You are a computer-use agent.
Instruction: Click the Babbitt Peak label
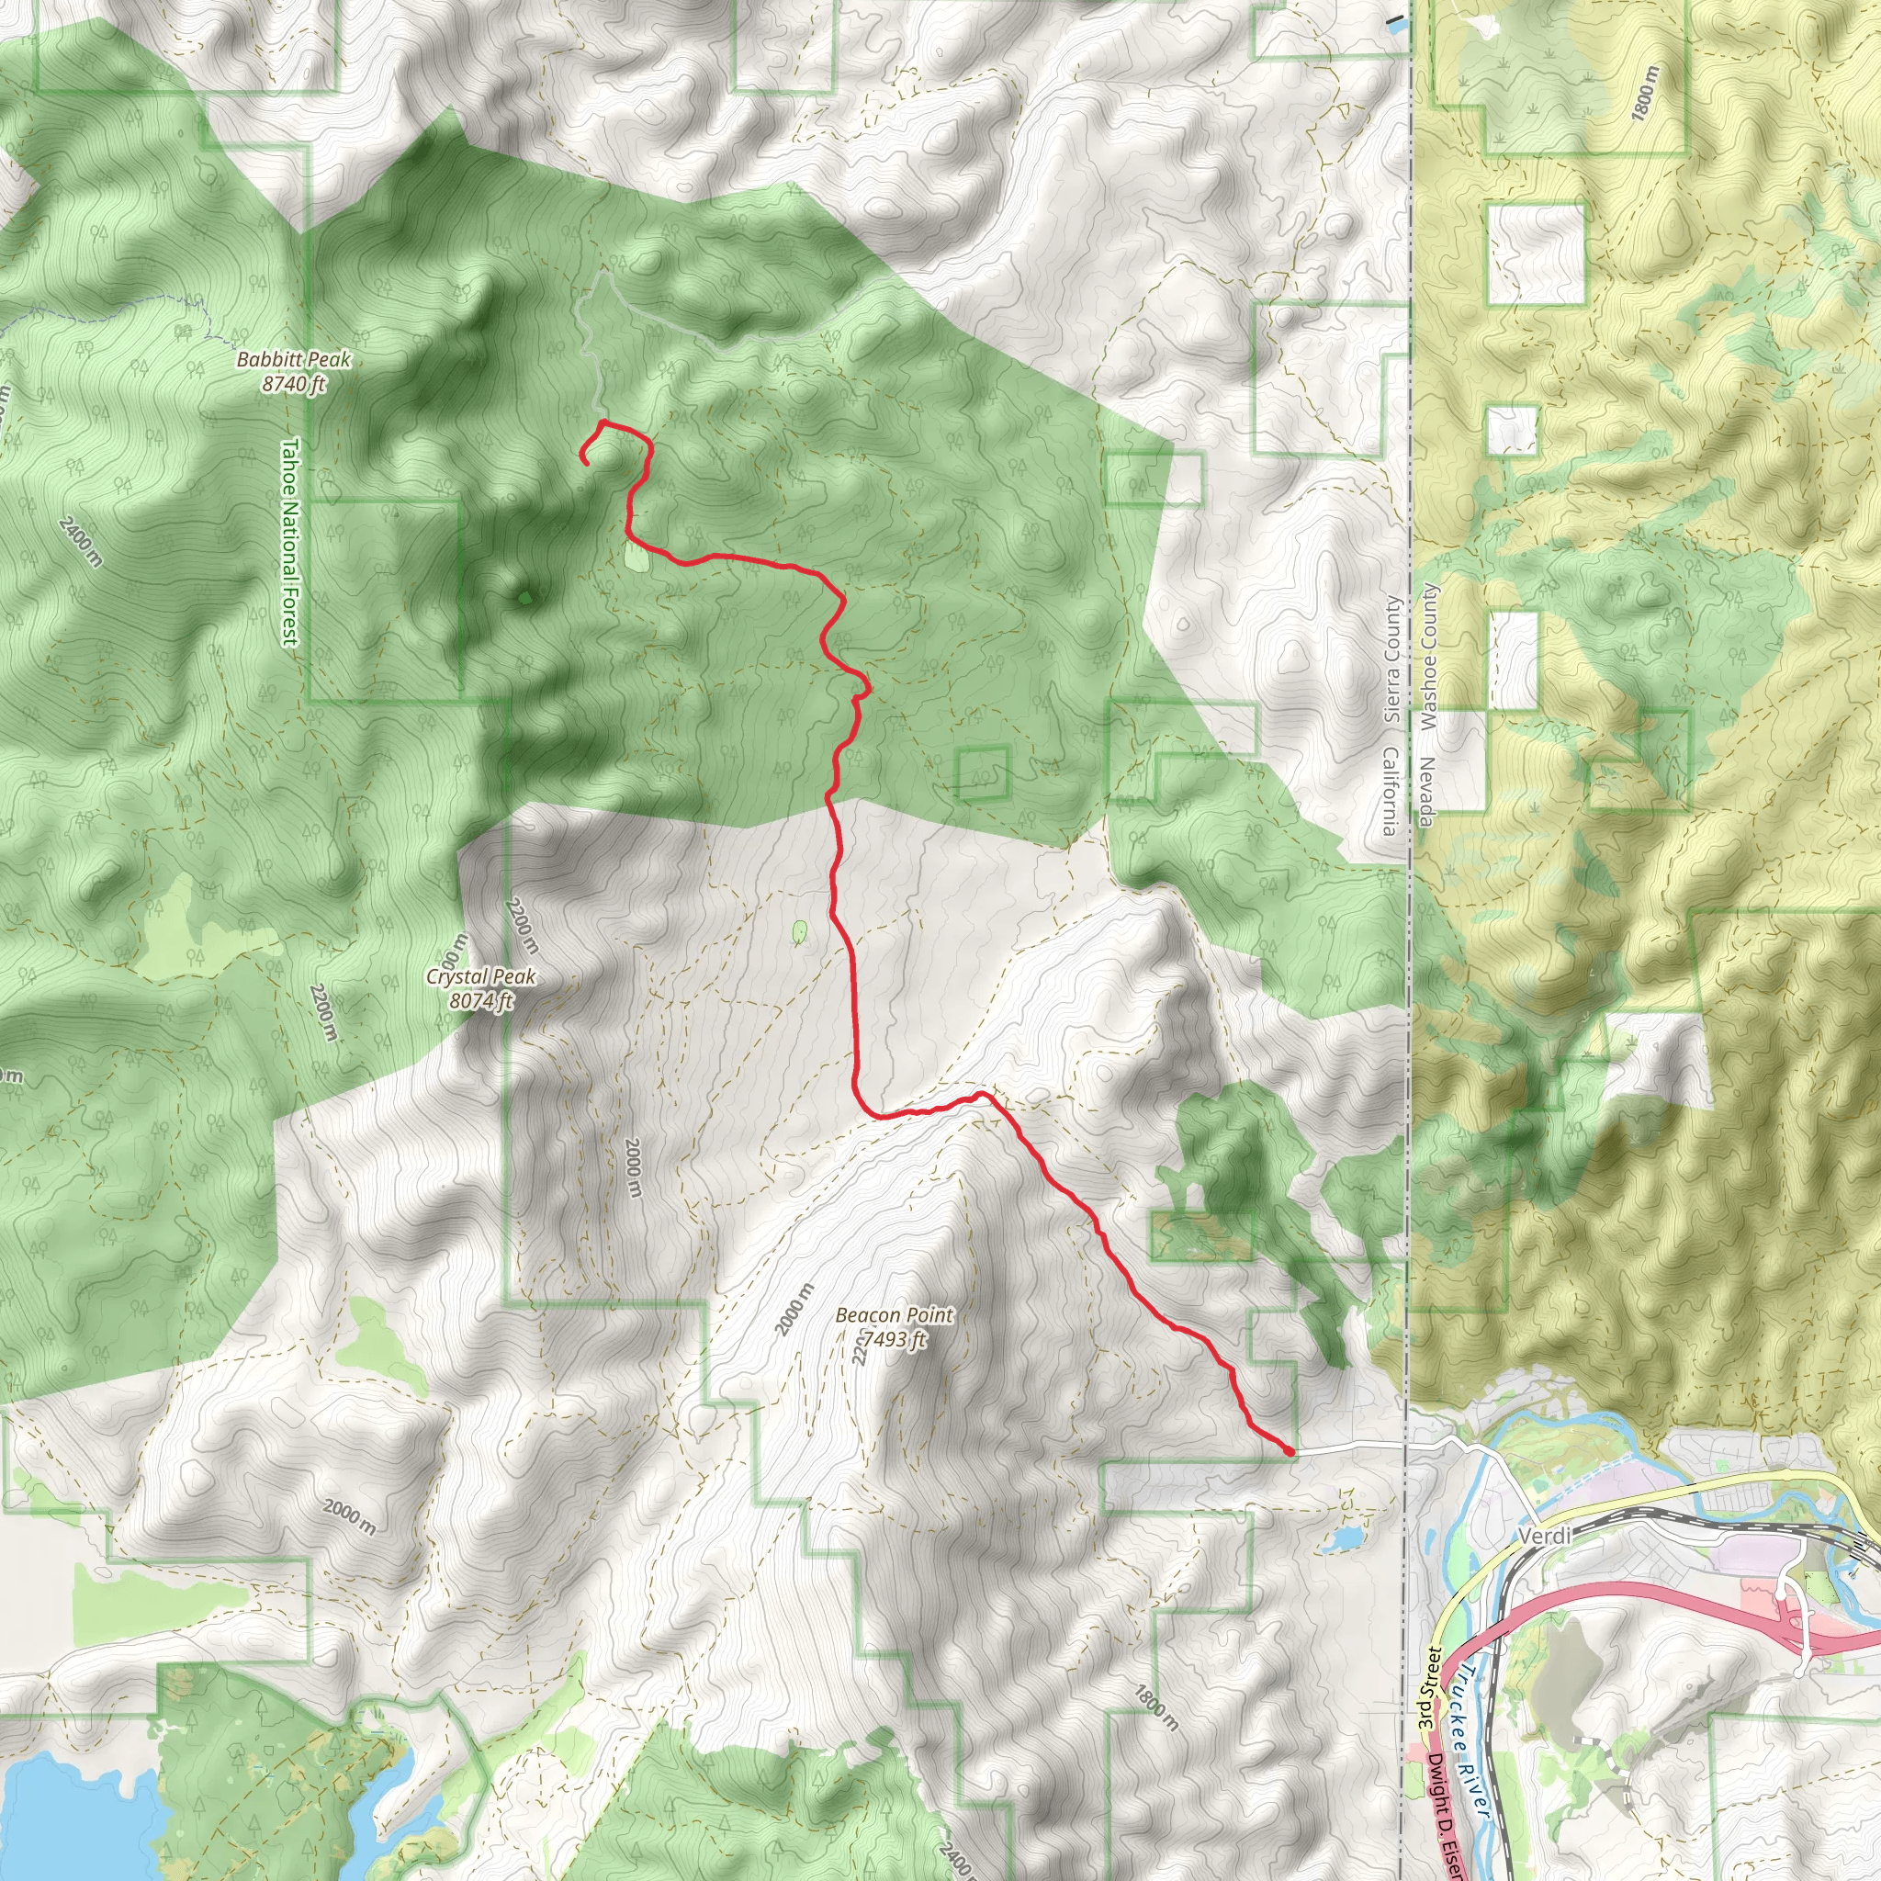pyautogui.click(x=293, y=360)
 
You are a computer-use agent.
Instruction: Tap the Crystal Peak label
pyautogui.click(x=481, y=976)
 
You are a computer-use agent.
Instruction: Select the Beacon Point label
pyautogui.click(x=894, y=1315)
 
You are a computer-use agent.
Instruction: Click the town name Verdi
pyautogui.click(x=1544, y=1537)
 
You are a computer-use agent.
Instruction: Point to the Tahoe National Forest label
pyautogui.click(x=289, y=541)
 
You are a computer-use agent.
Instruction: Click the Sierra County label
pyautogui.click(x=1393, y=659)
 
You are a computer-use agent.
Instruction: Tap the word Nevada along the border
pyautogui.click(x=1426, y=792)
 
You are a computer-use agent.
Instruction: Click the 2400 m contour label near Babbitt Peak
pyautogui.click(x=80, y=542)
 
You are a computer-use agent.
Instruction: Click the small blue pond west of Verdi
pyautogui.click(x=1346, y=1538)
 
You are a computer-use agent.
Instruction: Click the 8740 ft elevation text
pyautogui.click(x=293, y=385)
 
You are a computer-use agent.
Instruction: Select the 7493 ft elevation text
pyautogui.click(x=894, y=1340)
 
